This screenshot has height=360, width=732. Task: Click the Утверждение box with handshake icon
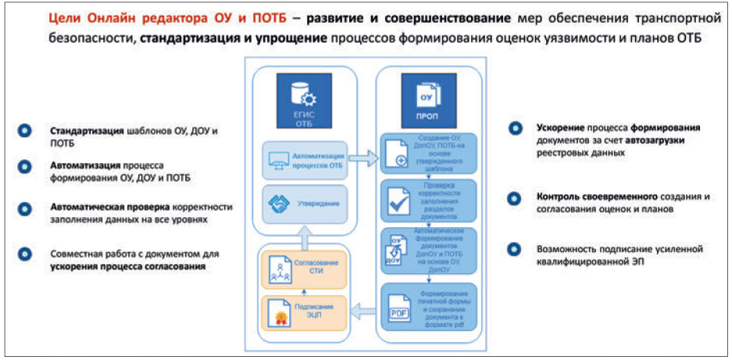tap(305, 204)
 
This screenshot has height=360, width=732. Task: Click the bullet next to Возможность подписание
tap(514, 249)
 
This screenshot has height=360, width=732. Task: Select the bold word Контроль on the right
tap(559, 197)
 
